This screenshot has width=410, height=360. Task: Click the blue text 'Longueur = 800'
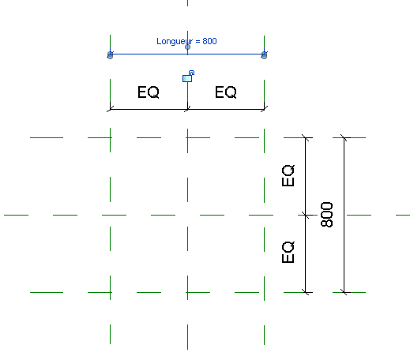[186, 41]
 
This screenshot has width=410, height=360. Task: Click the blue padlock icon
[188, 77]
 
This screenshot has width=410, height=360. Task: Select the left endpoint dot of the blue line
[110, 55]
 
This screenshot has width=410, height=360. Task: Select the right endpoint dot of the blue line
[264, 55]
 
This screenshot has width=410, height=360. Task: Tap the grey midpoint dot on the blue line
[187, 47]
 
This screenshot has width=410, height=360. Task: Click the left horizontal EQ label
[149, 92]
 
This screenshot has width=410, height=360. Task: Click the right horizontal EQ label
[226, 92]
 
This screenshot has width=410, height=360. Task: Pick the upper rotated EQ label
[288, 175]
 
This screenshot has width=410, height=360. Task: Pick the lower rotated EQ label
[288, 252]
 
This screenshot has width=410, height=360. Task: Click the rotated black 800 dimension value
[327, 215]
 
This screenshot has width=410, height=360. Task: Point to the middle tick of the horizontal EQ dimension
[187, 109]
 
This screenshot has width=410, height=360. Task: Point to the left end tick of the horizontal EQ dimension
[110, 109]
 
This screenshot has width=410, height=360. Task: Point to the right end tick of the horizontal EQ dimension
[264, 109]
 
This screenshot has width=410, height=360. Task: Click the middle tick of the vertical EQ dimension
[306, 215]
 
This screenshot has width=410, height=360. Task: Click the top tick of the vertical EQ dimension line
[306, 137]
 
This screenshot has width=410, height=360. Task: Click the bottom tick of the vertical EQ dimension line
[306, 292]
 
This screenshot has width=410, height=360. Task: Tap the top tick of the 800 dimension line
[344, 137]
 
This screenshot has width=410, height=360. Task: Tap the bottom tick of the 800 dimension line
[344, 292]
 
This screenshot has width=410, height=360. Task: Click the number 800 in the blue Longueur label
[209, 41]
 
